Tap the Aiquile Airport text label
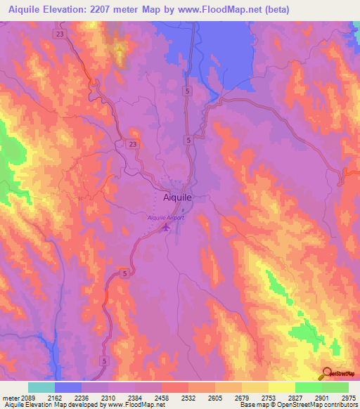coord(166,218)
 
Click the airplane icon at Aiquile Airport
coord(166,228)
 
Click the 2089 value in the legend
coord(27,398)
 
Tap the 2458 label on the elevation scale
coord(162,398)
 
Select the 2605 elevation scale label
coord(215,398)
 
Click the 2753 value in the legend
coord(268,398)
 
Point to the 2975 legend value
coord(348,398)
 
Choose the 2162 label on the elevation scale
coord(55,398)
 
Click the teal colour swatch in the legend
coord(41,387)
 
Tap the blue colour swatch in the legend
coord(67,387)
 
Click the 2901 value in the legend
coord(321,398)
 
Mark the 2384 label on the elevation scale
coord(135,398)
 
